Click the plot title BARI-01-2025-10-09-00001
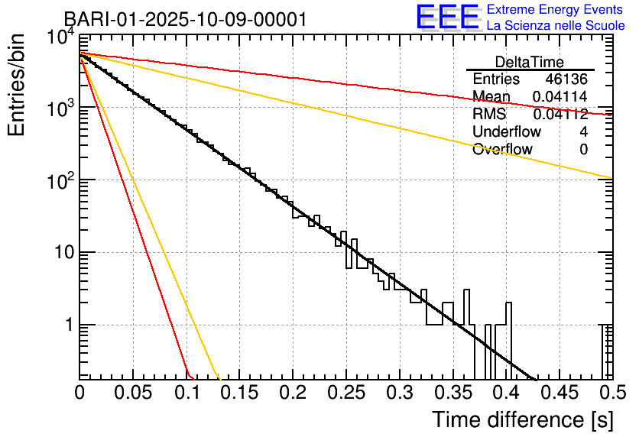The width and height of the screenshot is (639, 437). pos(185,19)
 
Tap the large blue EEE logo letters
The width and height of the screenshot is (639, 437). pos(447,17)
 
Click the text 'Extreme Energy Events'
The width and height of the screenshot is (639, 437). pos(556,10)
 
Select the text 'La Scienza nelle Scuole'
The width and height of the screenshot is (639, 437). pos(556,25)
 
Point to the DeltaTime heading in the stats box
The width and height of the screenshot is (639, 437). pos(529,62)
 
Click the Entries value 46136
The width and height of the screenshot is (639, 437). pos(566,79)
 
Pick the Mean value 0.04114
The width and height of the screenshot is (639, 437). pos(560,96)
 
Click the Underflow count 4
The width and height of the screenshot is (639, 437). pos(583,131)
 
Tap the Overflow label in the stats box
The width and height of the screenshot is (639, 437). pos(502,149)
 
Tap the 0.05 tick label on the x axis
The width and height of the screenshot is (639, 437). pos(134,393)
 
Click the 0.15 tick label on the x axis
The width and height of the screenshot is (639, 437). pos(240,393)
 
